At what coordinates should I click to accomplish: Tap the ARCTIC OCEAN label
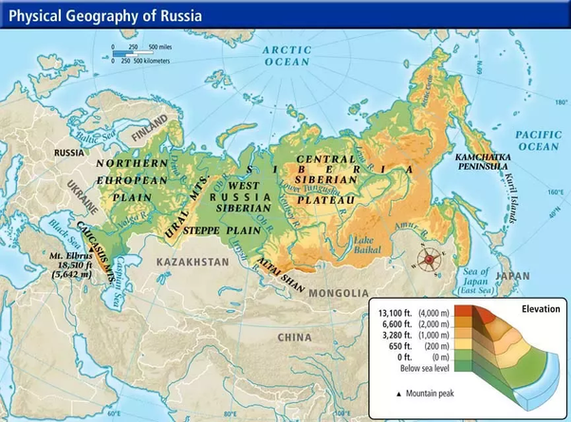(x=286, y=55)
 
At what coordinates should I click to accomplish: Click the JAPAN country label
(x=513, y=276)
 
